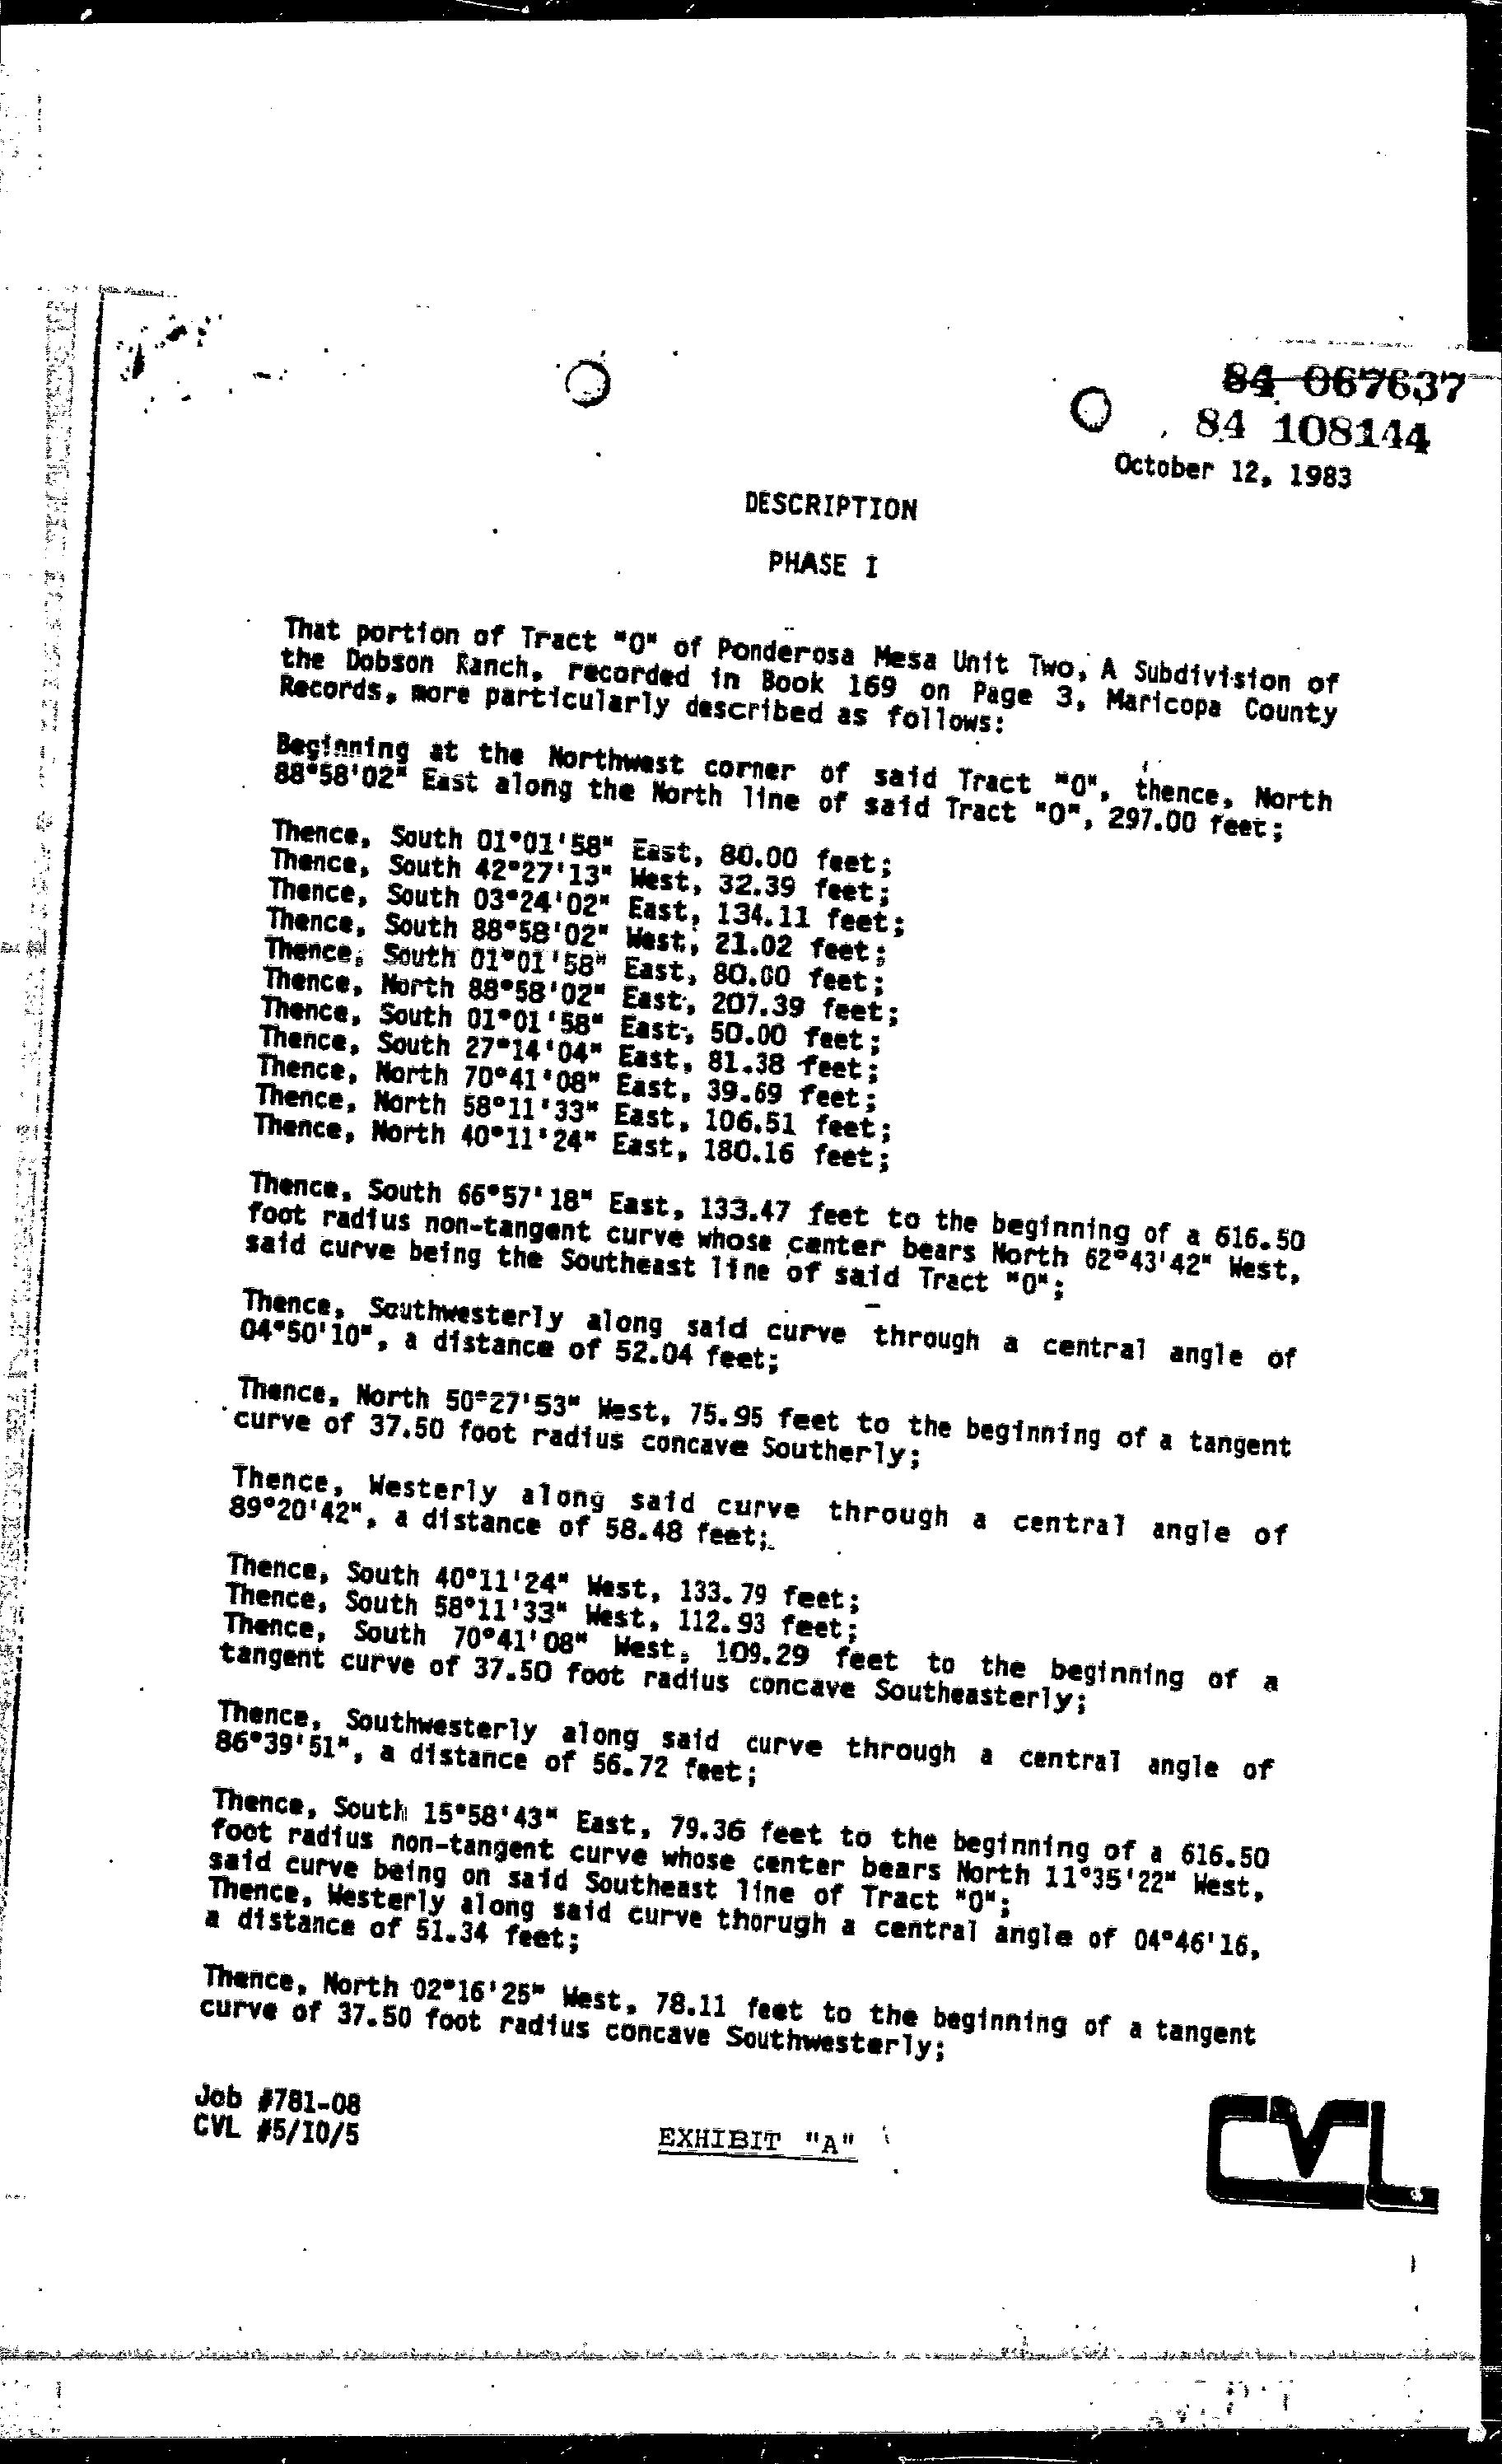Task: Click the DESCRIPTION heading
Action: click(x=830, y=508)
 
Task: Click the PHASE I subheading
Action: click(x=823, y=565)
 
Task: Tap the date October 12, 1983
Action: click(x=1232, y=470)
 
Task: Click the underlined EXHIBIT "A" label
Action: click(x=757, y=2141)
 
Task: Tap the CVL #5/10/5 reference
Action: click(x=276, y=2133)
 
